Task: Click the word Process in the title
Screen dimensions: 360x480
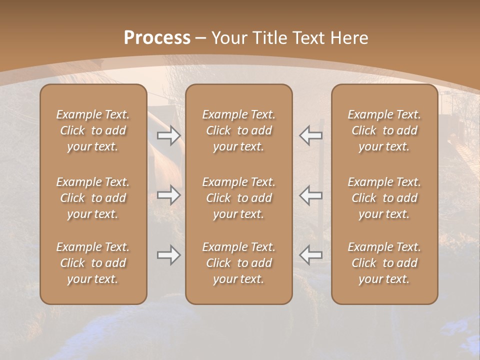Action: [x=157, y=38]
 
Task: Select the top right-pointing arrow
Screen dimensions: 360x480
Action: [x=168, y=135]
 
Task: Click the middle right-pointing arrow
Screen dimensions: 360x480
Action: [x=168, y=195]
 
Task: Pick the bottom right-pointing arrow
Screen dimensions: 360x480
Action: [x=168, y=255]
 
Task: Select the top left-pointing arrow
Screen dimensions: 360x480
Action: [x=311, y=135]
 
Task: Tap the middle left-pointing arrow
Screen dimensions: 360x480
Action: [x=311, y=195]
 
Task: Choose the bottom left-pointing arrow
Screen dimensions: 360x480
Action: [x=311, y=255]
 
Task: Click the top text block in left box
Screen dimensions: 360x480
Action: [x=93, y=130]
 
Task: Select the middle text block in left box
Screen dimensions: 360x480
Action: [x=93, y=198]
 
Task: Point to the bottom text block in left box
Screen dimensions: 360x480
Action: [x=93, y=263]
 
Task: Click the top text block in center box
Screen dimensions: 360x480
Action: [x=238, y=130]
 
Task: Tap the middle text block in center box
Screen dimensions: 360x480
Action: [x=238, y=198]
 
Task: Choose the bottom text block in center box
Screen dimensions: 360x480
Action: [x=238, y=263]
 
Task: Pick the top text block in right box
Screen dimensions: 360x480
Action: [x=384, y=130]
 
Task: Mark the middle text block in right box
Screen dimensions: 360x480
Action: [x=384, y=198]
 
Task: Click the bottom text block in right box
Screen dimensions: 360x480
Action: [x=384, y=263]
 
